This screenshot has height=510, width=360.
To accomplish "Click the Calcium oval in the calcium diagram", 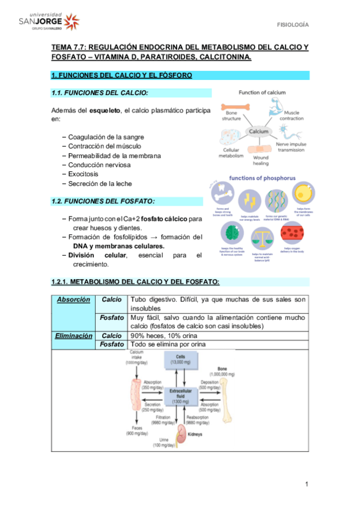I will click(259, 131).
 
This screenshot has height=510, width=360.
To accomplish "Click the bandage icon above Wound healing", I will click(260, 149).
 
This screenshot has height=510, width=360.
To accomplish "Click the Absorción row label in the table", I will click(74, 300).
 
